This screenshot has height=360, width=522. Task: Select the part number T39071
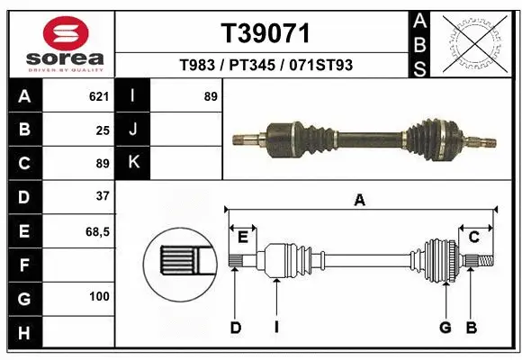click(265, 34)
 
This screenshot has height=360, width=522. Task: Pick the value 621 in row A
click(98, 96)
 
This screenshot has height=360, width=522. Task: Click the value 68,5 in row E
click(97, 231)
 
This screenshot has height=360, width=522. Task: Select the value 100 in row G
click(98, 296)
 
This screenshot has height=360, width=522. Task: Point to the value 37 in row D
click(102, 195)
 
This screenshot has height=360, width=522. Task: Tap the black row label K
click(133, 163)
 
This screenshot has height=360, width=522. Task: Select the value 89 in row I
click(211, 96)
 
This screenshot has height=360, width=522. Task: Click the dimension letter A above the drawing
click(360, 201)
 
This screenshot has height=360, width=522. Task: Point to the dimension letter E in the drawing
click(242, 237)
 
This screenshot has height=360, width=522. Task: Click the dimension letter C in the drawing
click(473, 237)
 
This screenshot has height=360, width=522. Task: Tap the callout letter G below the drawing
click(445, 328)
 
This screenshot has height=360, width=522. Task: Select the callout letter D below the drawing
click(235, 328)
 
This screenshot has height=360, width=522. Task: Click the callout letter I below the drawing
click(276, 328)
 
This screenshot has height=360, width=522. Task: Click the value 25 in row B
click(102, 130)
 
